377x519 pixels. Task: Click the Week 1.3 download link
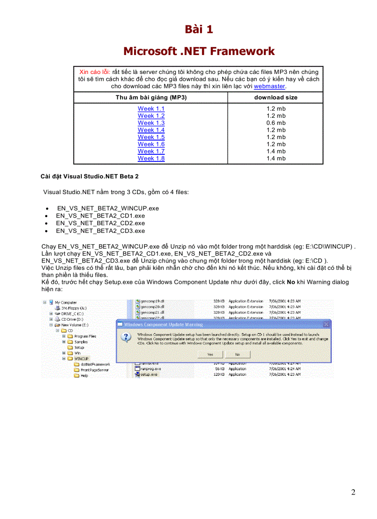coord(151,123)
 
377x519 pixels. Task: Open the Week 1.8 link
coord(151,159)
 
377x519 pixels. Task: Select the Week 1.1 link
coord(151,109)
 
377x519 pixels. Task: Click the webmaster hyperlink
coord(269,86)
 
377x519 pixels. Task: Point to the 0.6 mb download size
coord(276,123)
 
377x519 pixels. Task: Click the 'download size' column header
coord(276,98)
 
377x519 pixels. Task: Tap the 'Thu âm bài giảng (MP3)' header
coord(151,98)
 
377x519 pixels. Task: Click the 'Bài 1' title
coord(199,30)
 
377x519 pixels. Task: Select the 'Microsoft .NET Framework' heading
coord(199,51)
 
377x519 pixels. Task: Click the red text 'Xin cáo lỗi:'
coord(95,72)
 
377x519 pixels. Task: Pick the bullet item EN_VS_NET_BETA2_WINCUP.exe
coord(108,208)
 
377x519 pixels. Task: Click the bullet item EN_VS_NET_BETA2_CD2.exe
coord(100,223)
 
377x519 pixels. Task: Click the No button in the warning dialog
coord(237,354)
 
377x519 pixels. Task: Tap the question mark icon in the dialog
coord(126,337)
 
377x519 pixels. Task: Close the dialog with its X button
coord(326,324)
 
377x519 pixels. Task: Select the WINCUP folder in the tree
coord(81,359)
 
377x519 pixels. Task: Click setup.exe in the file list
coord(148,375)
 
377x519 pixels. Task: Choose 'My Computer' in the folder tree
coord(66,303)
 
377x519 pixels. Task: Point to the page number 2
coord(353,492)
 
